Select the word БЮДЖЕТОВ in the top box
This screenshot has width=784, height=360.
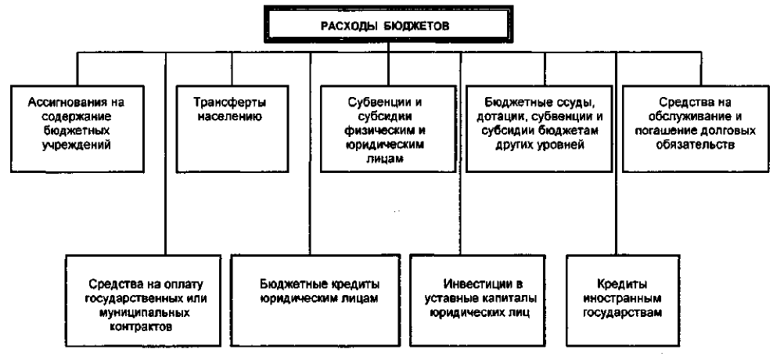coord(419,26)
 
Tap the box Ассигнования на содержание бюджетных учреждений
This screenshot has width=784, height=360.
coord(77,128)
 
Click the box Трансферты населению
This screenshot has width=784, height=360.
coord(232,128)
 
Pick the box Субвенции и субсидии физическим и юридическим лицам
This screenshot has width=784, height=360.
coord(388,128)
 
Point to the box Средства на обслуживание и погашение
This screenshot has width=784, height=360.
coord(696,128)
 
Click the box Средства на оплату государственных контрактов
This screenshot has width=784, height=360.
coord(143,301)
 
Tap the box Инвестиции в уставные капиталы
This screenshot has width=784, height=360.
coord(477,301)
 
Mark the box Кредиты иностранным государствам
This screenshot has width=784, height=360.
coord(623,301)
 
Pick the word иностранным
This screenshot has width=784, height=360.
coord(623,299)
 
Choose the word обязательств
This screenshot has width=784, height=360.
coord(696,146)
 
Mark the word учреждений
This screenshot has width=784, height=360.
coord(77,146)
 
